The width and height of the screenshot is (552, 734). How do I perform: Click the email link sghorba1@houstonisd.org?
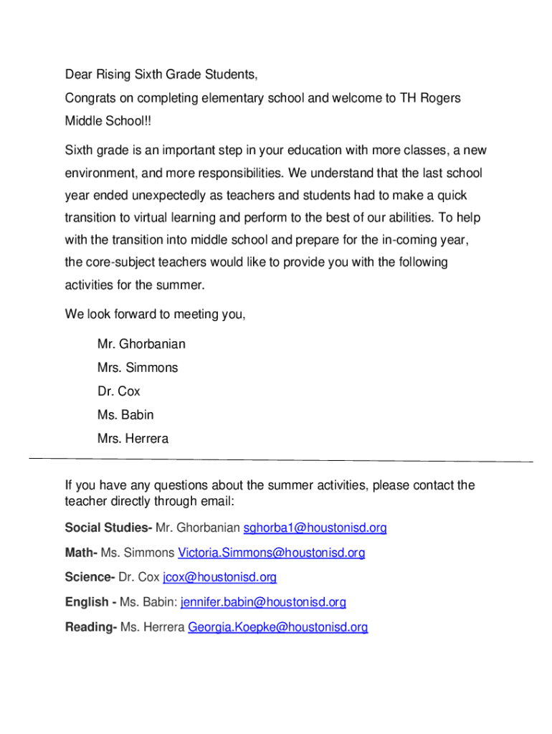coord(315,528)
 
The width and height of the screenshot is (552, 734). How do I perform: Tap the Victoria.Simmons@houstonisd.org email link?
coord(271,553)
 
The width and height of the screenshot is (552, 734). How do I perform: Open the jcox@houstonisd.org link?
coord(219,577)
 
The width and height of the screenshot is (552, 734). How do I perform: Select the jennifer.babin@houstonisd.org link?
coord(263,602)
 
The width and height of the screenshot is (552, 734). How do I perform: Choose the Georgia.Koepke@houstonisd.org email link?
coord(277,627)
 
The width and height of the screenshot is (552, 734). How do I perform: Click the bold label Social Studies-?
coord(108,528)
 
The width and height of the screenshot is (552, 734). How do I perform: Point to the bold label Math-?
coord(81,553)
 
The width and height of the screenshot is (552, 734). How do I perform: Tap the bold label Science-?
coord(90,577)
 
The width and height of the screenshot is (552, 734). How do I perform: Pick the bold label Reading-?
coord(91,627)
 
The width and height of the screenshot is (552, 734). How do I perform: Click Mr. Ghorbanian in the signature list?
coord(141,344)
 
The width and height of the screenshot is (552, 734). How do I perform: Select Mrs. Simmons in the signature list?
coord(138,368)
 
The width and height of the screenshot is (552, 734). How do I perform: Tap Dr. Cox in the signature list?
coord(119,391)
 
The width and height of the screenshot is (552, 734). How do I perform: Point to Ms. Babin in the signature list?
coord(125,415)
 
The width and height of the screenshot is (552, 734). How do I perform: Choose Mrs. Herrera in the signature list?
coord(133,439)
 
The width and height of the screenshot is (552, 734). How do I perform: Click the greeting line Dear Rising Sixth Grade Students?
coord(161,75)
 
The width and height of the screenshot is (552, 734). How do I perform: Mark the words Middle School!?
coord(108,121)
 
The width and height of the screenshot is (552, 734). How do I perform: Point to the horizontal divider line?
coord(281,459)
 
